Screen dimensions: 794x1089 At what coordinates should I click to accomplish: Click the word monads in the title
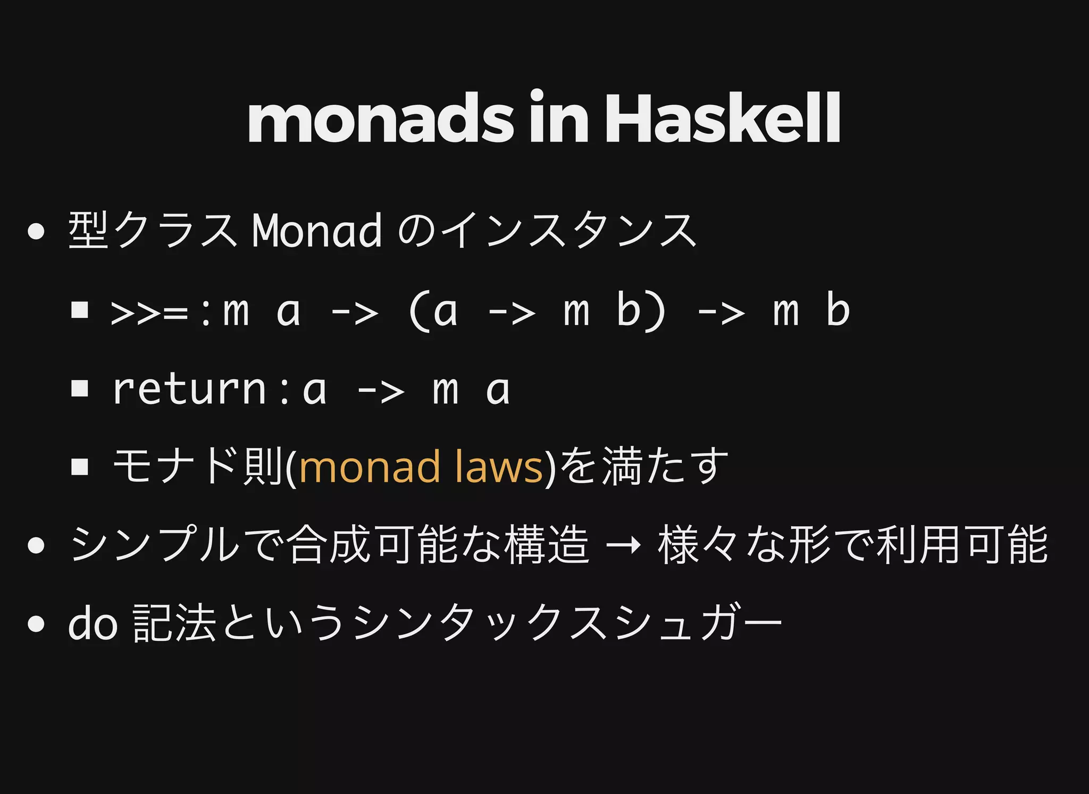pos(381,119)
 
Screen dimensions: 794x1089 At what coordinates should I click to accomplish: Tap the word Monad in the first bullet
pos(317,231)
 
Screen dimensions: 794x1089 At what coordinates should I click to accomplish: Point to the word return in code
pos(189,390)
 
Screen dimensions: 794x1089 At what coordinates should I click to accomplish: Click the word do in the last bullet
pos(93,623)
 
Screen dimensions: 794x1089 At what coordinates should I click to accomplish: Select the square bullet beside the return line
pos(80,388)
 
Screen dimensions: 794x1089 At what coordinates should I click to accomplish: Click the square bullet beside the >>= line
pos(80,310)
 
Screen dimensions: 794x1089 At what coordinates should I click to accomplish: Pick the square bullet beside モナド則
pos(80,467)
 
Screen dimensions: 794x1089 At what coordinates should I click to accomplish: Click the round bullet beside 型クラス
pos(36,232)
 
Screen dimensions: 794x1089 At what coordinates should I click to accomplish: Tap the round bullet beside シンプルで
pos(36,545)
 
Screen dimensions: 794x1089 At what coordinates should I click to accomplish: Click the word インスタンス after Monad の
pos(569,231)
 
